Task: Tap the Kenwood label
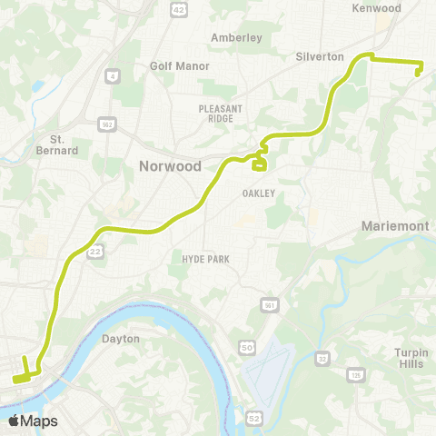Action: [376, 8]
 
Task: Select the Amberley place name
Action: [235, 37]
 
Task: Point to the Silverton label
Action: [320, 56]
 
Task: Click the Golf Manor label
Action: [180, 66]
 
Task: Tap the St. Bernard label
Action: [64, 144]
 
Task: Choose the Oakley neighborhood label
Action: [258, 193]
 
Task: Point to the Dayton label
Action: [121, 339]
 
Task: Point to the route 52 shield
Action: [255, 417]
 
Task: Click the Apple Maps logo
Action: [34, 421]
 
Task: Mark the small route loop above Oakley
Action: [259, 163]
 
